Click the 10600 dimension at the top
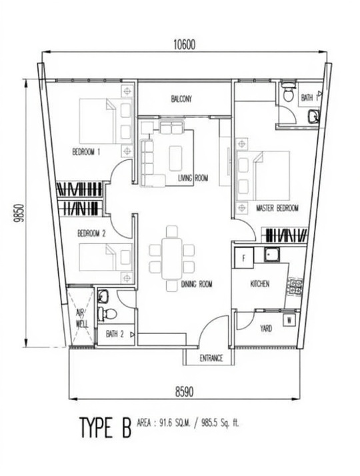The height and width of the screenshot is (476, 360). tap(184, 45)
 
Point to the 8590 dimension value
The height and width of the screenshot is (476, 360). tap(184, 391)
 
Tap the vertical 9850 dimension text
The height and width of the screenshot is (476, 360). tap(19, 213)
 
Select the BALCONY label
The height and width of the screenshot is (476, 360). tap(181, 99)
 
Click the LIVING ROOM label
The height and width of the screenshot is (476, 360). tap(193, 178)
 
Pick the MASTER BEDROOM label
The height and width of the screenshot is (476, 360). tap(277, 208)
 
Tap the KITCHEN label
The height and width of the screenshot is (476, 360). tap(260, 284)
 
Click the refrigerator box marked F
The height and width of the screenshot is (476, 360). tap(243, 258)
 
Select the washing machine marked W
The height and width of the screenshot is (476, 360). tap(289, 320)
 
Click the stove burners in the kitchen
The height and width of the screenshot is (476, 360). tap(295, 287)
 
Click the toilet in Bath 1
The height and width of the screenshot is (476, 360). tap(289, 91)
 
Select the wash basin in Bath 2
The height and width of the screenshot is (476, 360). tap(103, 296)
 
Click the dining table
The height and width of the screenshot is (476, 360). tap(172, 259)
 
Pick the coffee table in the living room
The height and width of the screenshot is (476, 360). tap(175, 158)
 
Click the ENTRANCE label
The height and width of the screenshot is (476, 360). tap(211, 358)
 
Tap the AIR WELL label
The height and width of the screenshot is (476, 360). tap(81, 319)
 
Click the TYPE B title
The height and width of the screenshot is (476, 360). tap(105, 427)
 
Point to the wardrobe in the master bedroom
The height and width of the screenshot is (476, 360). tap(285, 235)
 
